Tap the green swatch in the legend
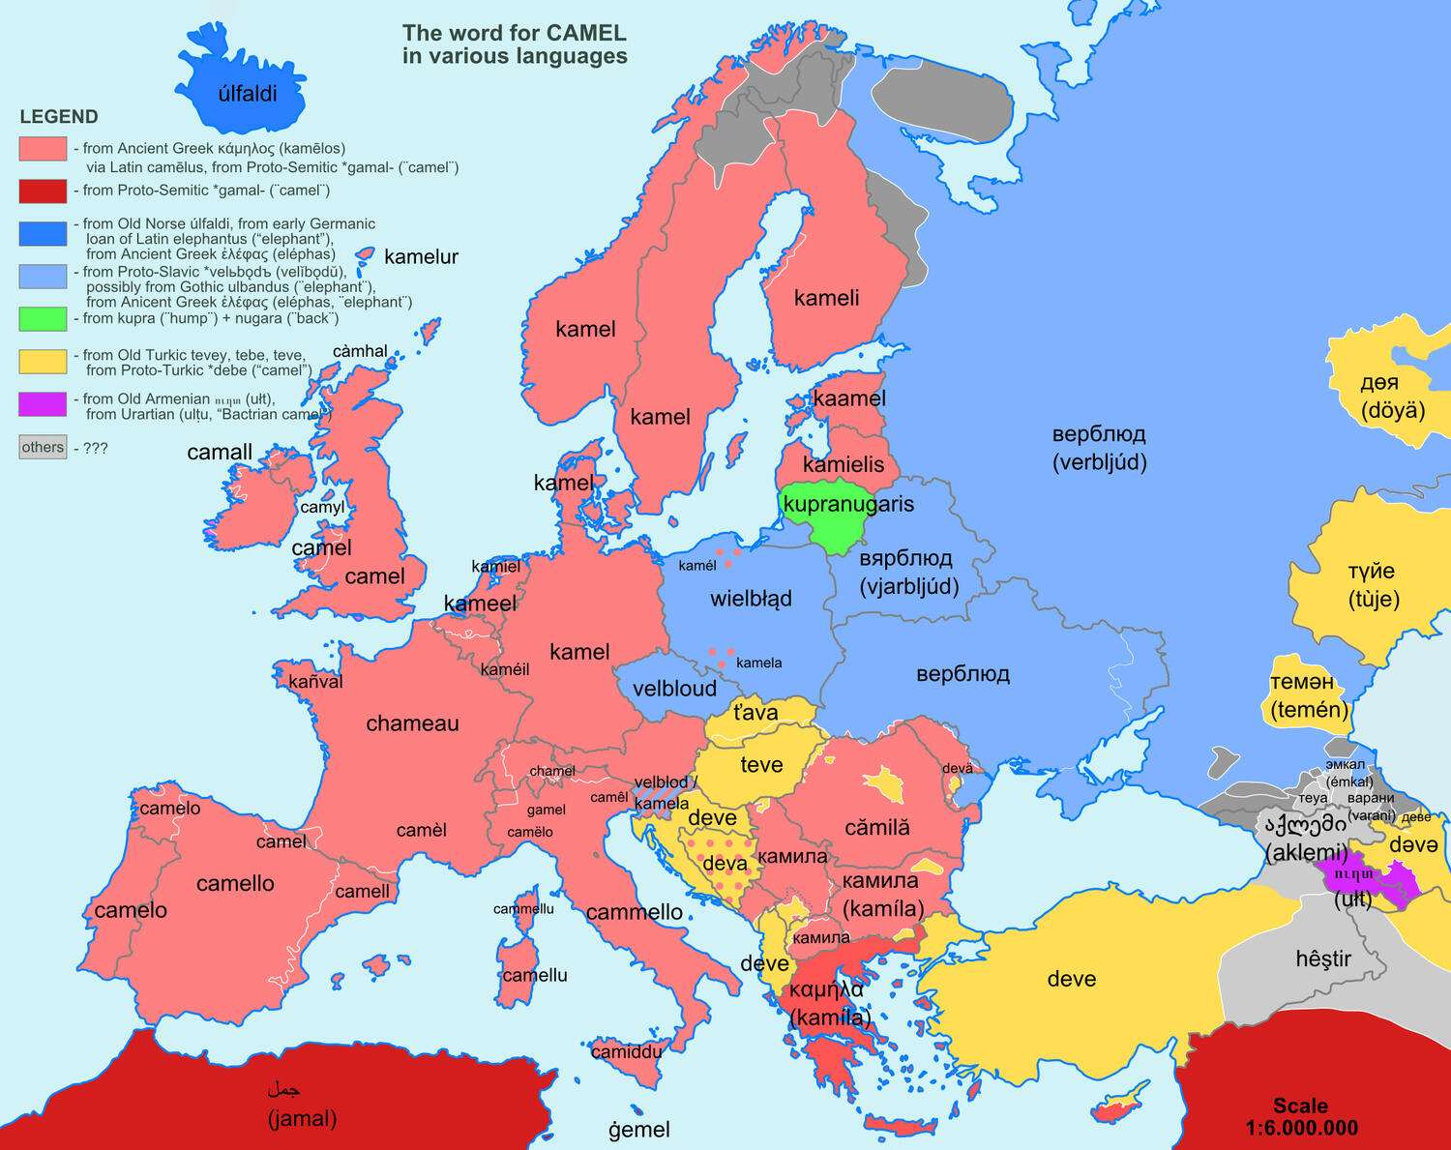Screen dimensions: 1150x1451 (43, 318)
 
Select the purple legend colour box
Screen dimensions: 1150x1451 (43, 403)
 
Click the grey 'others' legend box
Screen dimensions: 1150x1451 (43, 447)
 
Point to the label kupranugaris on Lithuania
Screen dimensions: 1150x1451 (847, 505)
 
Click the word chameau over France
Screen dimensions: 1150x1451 (412, 723)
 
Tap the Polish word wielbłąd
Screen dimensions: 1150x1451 (751, 599)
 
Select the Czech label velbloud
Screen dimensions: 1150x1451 (674, 689)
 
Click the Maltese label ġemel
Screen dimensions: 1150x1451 (638, 1129)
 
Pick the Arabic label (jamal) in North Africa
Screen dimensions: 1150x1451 (302, 1119)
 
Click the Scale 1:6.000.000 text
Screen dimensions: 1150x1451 (1301, 1117)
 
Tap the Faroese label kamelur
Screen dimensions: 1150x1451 (421, 257)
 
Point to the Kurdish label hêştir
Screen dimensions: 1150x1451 (1322, 958)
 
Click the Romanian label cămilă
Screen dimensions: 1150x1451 (876, 828)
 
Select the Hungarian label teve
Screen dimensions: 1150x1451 (761, 765)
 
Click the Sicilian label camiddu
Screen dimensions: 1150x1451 (626, 1051)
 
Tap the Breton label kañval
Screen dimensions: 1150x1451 (315, 682)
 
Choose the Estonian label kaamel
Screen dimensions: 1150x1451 (849, 398)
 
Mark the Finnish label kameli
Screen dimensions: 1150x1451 (826, 298)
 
